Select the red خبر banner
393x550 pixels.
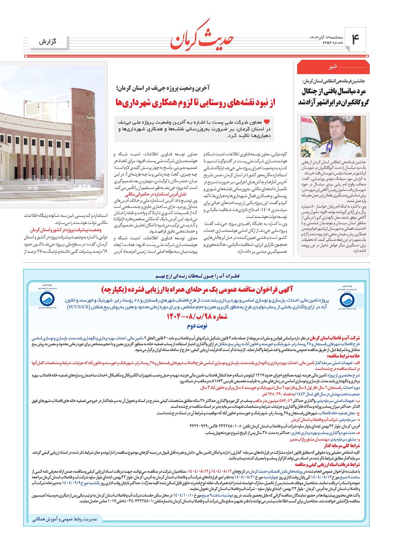point(333,68)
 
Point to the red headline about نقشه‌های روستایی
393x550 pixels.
point(195,103)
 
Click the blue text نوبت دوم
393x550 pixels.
point(197,326)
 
